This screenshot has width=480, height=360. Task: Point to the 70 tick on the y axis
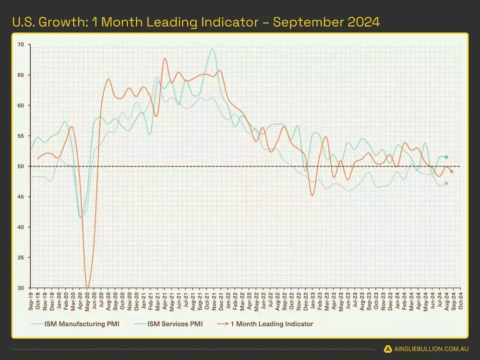pos(20,45)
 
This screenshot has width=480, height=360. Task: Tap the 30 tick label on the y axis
pos(20,288)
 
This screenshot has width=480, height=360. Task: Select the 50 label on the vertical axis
pos(20,167)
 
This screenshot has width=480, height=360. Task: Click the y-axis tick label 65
pos(20,75)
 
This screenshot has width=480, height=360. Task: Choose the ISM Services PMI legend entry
pos(175,324)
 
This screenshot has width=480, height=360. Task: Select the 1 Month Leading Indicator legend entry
pos(271,324)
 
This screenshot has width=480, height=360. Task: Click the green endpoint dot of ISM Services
pos(446,157)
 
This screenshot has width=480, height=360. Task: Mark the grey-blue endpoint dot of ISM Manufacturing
pos(446,183)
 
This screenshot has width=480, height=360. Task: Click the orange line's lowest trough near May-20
pos(87,288)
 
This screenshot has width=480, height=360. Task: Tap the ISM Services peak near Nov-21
pos(212,49)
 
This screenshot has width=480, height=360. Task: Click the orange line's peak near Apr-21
pos(165,59)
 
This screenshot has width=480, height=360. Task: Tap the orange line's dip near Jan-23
pos(312,195)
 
